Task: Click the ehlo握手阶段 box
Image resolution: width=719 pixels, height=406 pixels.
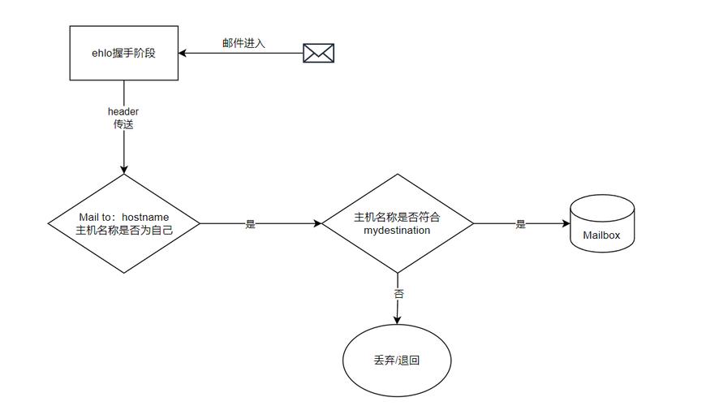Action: pyautogui.click(x=124, y=53)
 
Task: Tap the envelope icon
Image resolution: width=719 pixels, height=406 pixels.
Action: pyautogui.click(x=318, y=54)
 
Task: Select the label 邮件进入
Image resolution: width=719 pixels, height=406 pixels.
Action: pyautogui.click(x=243, y=42)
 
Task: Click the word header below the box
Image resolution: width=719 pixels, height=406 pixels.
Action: pyautogui.click(x=124, y=111)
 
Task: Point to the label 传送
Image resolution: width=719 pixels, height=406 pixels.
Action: pyautogui.click(x=124, y=125)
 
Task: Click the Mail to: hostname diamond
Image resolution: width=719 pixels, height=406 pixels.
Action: pyautogui.click(x=124, y=223)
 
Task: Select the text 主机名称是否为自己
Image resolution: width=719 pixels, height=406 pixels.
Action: pyautogui.click(x=124, y=231)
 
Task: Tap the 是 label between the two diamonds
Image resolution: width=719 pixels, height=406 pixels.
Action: pyautogui.click(x=250, y=224)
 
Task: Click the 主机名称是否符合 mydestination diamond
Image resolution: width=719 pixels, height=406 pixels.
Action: pyautogui.click(x=398, y=223)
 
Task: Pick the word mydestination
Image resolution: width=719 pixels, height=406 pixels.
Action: pyautogui.click(x=398, y=231)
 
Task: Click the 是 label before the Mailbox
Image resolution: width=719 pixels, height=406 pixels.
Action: pyautogui.click(x=520, y=224)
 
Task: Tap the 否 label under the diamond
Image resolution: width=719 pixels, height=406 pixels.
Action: pyautogui.click(x=398, y=294)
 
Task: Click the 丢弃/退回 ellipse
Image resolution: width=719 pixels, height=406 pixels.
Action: pyautogui.click(x=398, y=360)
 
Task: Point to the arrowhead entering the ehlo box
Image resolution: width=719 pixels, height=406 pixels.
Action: pyautogui.click(x=183, y=54)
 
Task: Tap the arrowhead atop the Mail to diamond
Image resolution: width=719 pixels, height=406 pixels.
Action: pyautogui.click(x=124, y=169)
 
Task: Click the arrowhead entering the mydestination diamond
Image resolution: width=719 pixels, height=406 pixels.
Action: pyautogui.click(x=317, y=223)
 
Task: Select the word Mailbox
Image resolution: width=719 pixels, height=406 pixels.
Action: pyautogui.click(x=601, y=235)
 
